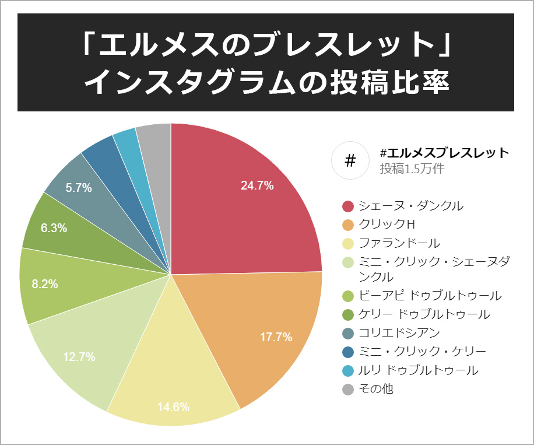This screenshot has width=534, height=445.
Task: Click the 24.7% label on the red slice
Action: [257, 186]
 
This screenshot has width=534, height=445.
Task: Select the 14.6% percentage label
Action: [173, 407]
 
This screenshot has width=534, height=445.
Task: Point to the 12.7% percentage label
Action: [79, 357]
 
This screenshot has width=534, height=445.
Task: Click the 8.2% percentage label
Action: [45, 284]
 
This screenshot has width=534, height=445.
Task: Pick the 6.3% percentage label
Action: [54, 229]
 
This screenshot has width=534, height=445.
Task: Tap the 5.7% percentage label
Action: [79, 188]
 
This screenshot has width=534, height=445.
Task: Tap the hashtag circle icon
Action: [350, 160]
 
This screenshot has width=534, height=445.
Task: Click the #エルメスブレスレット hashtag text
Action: [444, 153]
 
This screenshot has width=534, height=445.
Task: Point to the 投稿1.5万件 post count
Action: [412, 169]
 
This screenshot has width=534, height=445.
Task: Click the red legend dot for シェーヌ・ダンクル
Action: [348, 206]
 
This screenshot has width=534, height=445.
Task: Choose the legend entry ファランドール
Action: [399, 243]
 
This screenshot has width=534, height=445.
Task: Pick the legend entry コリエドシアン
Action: [399, 332]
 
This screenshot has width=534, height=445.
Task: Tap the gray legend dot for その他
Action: [348, 388]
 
